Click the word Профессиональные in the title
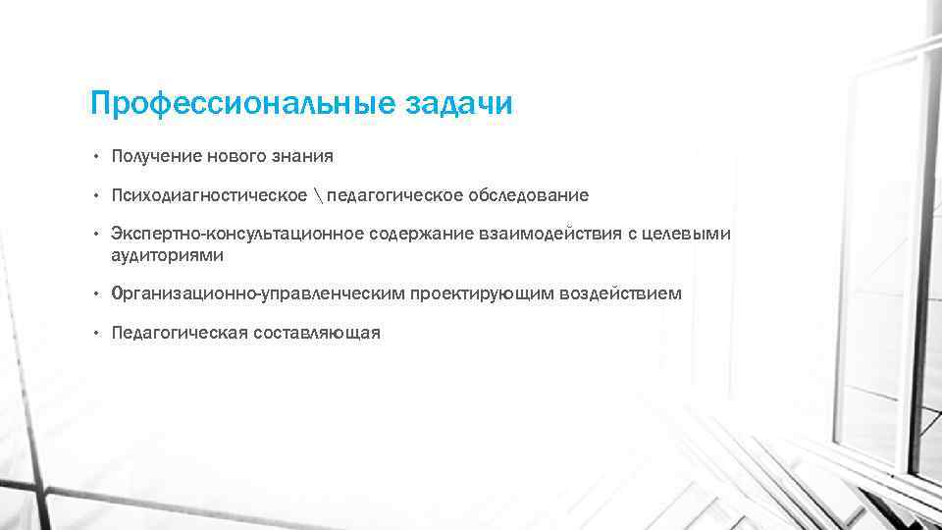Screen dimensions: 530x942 242,103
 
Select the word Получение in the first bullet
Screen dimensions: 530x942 156,156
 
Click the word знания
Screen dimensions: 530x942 302,156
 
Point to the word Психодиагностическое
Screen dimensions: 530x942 209,195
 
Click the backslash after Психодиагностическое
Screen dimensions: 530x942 318,195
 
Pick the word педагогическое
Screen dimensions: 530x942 394,195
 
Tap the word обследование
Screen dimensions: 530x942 529,195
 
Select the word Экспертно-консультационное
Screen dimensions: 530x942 237,234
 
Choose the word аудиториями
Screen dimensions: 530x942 168,255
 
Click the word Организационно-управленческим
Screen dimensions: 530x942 259,293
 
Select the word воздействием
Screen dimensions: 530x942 619,293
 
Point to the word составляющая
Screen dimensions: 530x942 316,333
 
